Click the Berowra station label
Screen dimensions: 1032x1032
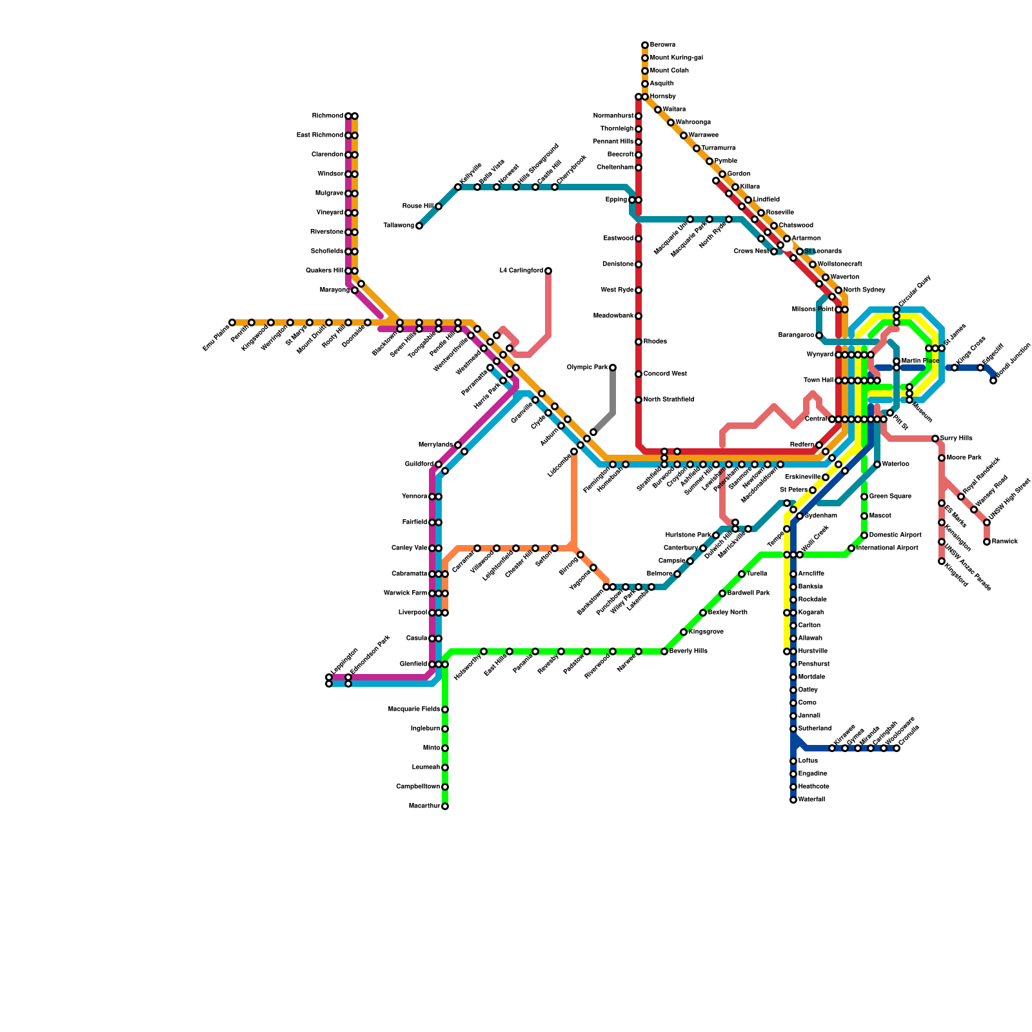(662, 45)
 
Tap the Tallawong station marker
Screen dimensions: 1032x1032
(419, 226)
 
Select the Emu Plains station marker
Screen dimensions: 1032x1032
(232, 322)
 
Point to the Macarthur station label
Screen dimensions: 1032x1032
(424, 806)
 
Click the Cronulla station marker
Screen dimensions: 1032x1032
(897, 748)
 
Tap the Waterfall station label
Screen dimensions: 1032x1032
(811, 800)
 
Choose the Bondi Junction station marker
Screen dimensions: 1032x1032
(993, 381)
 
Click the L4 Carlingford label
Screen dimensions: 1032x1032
(521, 271)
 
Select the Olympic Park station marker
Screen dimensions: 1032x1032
(613, 368)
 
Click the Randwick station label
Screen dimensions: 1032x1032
(1005, 542)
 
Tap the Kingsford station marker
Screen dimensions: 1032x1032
(942, 561)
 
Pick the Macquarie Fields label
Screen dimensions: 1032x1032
(414, 709)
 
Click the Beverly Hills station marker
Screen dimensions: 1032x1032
(664, 651)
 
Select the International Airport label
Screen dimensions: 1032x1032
(887, 548)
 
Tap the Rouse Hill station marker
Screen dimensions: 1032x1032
(439, 206)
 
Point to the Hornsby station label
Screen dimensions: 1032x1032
(662, 97)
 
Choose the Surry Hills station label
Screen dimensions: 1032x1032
(956, 439)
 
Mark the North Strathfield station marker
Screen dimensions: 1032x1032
(639, 400)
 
